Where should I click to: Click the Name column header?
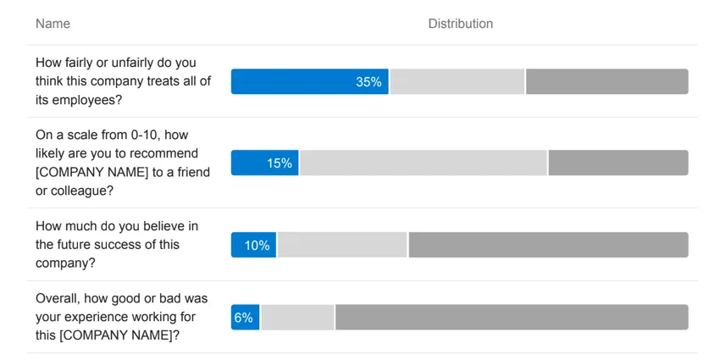[x=53, y=24]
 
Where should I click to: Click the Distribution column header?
[x=460, y=24]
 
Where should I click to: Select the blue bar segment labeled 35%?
[x=309, y=82]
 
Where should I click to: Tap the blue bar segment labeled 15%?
[x=264, y=163]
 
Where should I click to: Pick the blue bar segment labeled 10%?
[x=253, y=246]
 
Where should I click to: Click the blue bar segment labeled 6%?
[x=245, y=318]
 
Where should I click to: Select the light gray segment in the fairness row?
[x=457, y=82]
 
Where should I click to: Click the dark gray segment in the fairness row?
[x=606, y=82]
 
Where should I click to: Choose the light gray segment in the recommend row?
[x=424, y=163]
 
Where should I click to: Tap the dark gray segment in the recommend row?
[x=618, y=163]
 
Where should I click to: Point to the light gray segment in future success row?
[x=342, y=246]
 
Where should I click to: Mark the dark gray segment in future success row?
[x=548, y=246]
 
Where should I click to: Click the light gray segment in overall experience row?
[x=297, y=318]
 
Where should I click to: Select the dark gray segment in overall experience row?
[x=512, y=318]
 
